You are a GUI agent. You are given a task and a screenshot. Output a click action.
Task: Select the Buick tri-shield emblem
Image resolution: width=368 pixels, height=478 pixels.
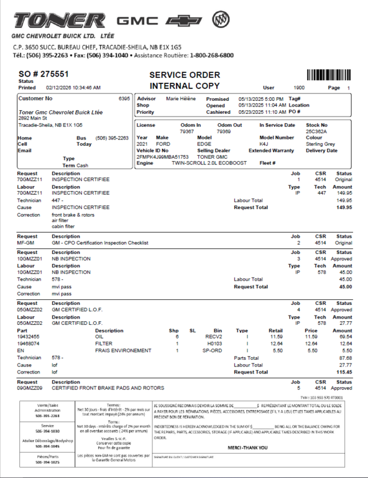coord(221,20)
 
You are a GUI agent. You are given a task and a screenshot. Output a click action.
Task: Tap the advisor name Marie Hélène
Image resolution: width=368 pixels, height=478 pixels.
coord(181,98)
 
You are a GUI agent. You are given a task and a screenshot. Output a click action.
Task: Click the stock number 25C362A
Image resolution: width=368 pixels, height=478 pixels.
coord(317,131)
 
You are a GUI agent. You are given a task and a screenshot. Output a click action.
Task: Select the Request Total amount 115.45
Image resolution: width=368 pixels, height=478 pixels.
coord(344,372)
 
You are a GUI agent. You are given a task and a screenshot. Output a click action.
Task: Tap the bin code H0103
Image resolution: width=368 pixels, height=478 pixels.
coord(214,343)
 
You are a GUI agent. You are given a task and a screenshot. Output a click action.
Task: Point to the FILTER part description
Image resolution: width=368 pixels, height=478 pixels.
coord(104,343)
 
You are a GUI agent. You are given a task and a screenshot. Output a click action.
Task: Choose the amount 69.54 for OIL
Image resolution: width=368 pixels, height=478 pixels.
coord(345,336)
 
